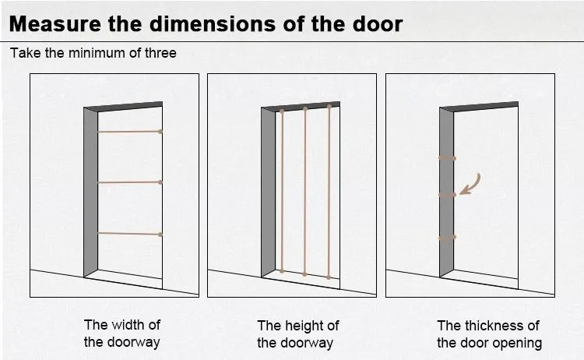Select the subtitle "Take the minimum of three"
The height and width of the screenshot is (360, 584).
(x=93, y=54)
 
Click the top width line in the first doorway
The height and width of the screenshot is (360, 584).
(x=128, y=132)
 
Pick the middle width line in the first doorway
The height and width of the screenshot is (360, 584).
(x=128, y=182)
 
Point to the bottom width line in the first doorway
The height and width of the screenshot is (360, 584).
(x=128, y=234)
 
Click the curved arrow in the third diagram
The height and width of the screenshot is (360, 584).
(x=470, y=183)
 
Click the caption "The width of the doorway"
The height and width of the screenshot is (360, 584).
(x=121, y=334)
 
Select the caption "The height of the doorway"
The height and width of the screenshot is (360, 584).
(x=298, y=334)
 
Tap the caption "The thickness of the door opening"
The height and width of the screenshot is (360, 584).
(x=488, y=334)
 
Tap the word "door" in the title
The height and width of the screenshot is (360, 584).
(x=376, y=23)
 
